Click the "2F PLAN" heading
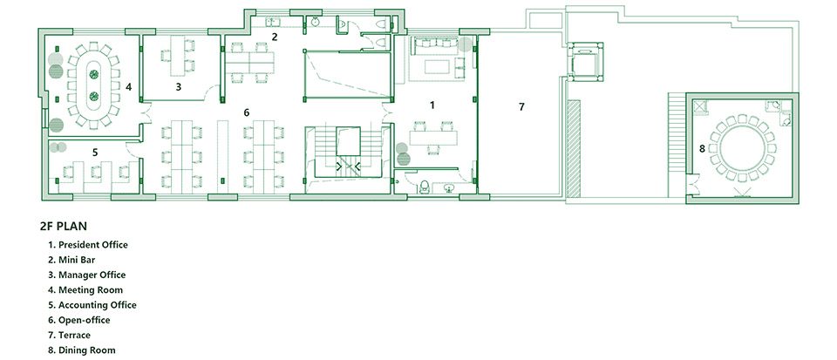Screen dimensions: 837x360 [63, 226]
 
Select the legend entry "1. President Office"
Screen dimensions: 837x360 [88, 245]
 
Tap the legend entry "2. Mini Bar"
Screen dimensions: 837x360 [71, 260]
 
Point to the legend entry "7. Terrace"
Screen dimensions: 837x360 [69, 335]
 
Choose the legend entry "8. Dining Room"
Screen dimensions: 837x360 [82, 350]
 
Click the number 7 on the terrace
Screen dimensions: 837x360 [521, 106]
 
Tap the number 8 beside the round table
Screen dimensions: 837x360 [702, 149]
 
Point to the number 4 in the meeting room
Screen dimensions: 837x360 [128, 86]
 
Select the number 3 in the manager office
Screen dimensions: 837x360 [179, 86]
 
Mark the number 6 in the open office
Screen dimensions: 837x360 [246, 112]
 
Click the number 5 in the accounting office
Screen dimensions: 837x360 [95, 152]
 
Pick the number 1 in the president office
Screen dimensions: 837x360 [432, 105]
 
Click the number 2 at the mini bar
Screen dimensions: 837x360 [275, 37]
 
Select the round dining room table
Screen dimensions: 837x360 [742, 147]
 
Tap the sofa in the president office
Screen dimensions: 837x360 [433, 46]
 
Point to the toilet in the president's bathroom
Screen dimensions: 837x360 [425, 186]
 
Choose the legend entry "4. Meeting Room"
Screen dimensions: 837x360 [85, 290]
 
